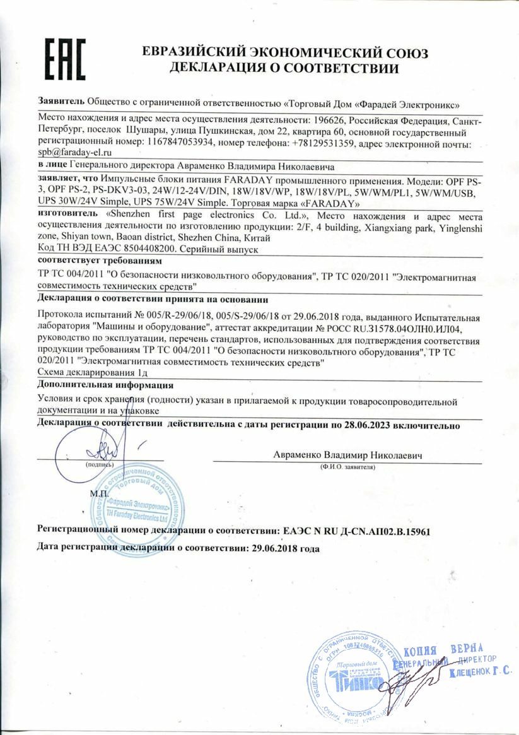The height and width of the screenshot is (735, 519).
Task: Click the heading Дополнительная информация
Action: tap(105, 385)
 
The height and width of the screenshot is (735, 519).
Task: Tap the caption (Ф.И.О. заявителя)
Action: tap(347, 467)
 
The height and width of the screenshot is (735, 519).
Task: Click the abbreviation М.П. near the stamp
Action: tap(82, 493)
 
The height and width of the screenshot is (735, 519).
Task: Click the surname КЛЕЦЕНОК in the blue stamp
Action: tap(470, 674)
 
